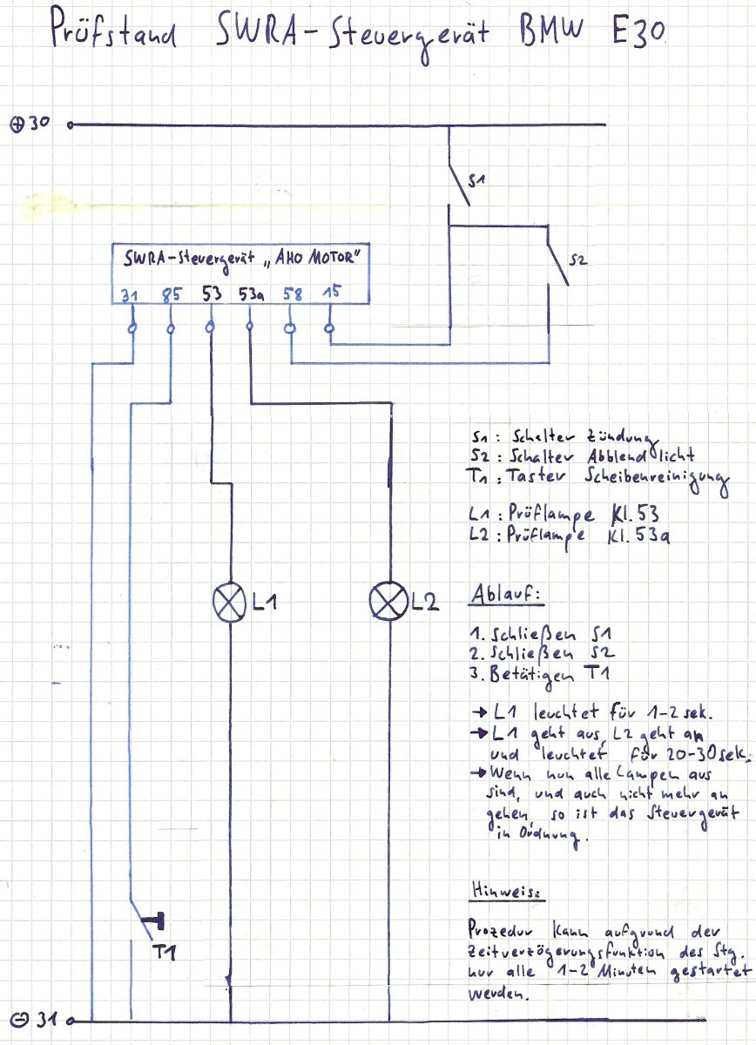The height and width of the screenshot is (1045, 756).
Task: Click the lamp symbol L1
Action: (x=230, y=603)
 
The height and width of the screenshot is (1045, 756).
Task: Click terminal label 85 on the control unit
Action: (x=171, y=294)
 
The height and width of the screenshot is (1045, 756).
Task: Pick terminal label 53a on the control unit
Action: (x=251, y=294)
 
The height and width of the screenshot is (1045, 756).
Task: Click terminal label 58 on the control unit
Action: (x=293, y=294)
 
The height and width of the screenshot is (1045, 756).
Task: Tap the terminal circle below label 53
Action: (x=210, y=327)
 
